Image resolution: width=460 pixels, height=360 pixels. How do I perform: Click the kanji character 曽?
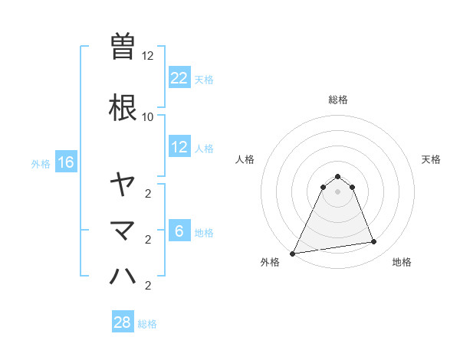click(123, 47)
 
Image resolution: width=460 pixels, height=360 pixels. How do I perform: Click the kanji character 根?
click(123, 106)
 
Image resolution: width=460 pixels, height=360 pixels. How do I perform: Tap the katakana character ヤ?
click(123, 184)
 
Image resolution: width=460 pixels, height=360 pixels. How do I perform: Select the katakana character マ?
click(123, 230)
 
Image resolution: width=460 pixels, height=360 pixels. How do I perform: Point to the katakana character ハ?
click(123, 275)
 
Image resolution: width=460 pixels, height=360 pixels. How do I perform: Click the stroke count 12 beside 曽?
click(148, 56)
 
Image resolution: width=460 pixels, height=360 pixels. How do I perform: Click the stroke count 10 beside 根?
click(148, 116)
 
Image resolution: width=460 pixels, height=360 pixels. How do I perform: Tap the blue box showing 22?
click(179, 77)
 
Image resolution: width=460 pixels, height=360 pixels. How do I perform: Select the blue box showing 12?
click(179, 147)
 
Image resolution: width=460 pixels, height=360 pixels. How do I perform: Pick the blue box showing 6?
click(179, 231)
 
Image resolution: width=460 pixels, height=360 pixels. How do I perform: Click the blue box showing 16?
click(66, 162)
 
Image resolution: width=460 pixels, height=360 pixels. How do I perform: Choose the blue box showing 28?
click(123, 322)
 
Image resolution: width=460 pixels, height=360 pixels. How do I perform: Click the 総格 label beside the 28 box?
click(147, 324)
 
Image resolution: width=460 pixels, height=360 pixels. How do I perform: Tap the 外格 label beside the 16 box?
click(41, 163)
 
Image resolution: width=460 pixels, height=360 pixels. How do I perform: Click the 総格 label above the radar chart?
click(337, 100)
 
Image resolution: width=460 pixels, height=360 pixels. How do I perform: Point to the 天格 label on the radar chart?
click(431, 159)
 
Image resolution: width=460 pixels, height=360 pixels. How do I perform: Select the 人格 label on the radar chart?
click(245, 159)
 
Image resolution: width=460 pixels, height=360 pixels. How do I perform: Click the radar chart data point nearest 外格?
click(292, 254)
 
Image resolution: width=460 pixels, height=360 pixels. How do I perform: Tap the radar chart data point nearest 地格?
click(374, 242)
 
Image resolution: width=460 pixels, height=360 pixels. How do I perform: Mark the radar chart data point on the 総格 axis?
click(337, 176)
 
